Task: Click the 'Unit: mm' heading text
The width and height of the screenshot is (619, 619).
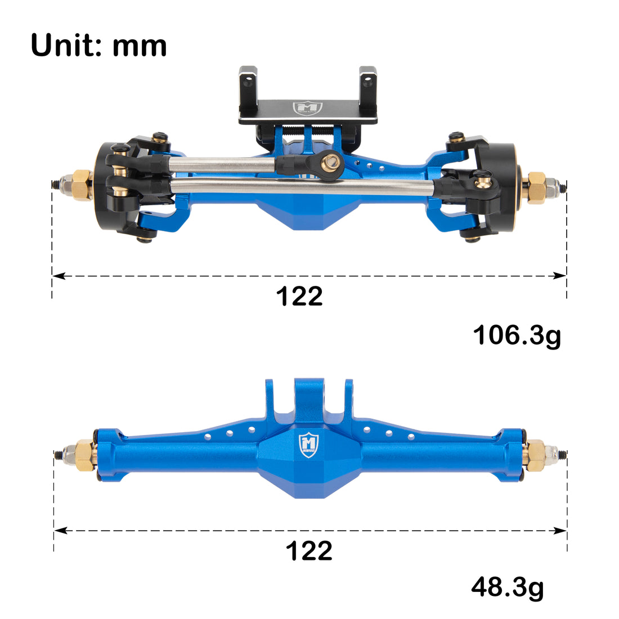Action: point(99,45)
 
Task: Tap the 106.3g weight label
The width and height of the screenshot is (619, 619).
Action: point(517,335)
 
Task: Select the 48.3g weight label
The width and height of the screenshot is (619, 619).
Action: point(507,588)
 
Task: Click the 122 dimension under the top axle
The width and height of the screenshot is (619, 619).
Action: point(299,297)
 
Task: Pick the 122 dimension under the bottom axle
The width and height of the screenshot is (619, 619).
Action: point(309,551)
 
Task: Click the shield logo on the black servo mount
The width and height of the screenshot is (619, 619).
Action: point(307,108)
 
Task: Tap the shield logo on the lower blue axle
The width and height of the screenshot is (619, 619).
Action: point(308,445)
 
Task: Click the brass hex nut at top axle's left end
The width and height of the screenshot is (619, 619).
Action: point(82,185)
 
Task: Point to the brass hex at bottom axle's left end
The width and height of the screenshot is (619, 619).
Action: point(84,454)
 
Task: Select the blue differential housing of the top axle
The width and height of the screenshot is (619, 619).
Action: point(307,211)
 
